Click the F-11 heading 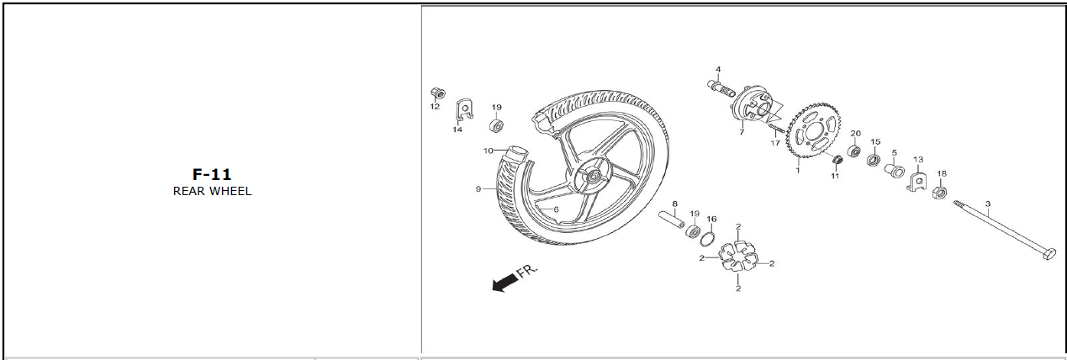click(212, 174)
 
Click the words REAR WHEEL click(212, 191)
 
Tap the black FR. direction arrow click(504, 283)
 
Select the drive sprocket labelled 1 click(814, 133)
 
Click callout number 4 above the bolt click(718, 70)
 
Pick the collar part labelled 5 click(894, 170)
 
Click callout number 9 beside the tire click(478, 189)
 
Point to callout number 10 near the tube click(489, 151)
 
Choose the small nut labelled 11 click(837, 159)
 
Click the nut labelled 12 click(438, 93)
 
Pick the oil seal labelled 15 click(873, 159)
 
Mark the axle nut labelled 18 click(939, 193)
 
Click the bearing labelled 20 click(854, 151)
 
